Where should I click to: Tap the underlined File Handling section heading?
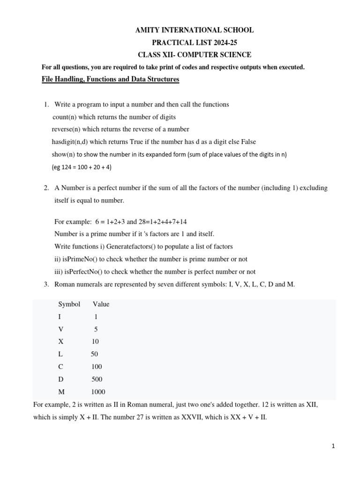point(111,80)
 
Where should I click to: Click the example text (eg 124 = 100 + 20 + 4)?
point(82,166)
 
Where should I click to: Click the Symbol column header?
point(69,304)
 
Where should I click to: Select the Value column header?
point(101,304)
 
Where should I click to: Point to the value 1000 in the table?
point(98,392)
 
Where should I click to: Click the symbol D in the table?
point(60,379)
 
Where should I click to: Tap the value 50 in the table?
point(95,354)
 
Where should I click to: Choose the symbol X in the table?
point(60,341)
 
